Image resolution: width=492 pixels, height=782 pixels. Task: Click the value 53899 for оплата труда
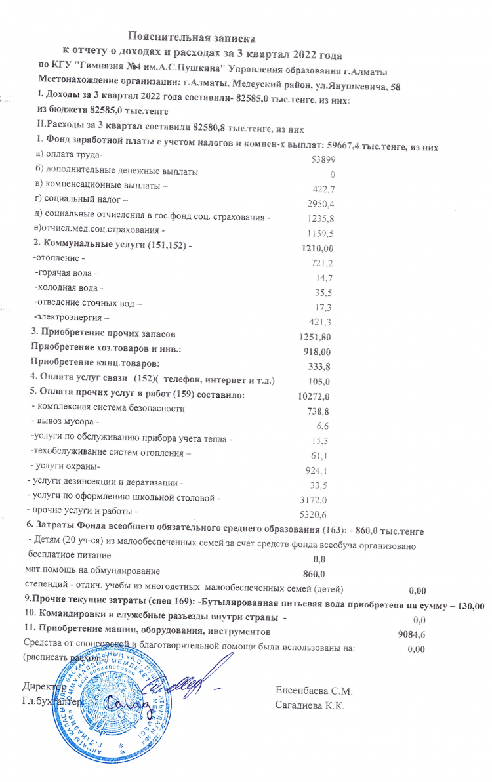pyautogui.click(x=322, y=160)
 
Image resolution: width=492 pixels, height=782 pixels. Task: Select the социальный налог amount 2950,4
pyautogui.click(x=321, y=203)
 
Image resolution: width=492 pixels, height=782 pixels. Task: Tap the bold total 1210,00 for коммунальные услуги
pyautogui.click(x=318, y=248)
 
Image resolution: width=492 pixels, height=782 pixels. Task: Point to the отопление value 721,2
pyautogui.click(x=321, y=263)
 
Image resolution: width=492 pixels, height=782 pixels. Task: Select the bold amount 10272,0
pyautogui.click(x=314, y=396)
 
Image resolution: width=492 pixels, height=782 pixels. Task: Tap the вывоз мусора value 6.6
pyautogui.click(x=322, y=425)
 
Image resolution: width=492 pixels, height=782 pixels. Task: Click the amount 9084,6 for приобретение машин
pyautogui.click(x=413, y=634)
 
